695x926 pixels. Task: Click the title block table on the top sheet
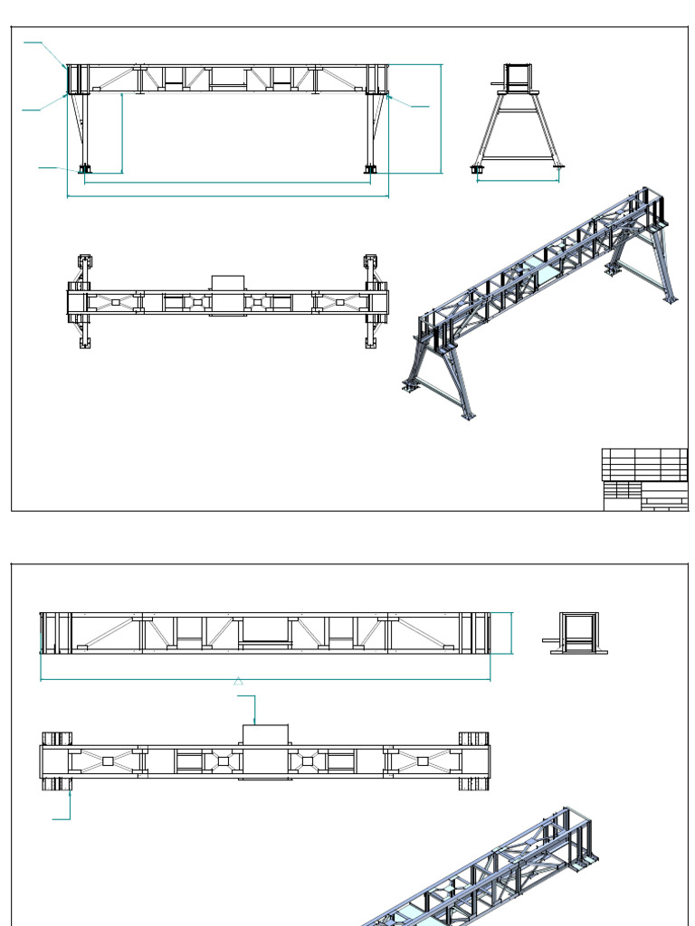point(644,479)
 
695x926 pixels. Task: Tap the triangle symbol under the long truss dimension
point(239,681)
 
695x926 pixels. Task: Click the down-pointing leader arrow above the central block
point(255,720)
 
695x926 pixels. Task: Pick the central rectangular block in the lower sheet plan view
point(264,751)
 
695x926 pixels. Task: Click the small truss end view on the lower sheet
point(576,632)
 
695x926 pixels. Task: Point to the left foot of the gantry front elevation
point(85,168)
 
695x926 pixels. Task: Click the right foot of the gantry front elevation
point(370,168)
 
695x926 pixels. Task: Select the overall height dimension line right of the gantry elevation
point(442,118)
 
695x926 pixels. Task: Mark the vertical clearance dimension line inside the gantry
point(122,132)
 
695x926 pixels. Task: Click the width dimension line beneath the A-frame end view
point(519,181)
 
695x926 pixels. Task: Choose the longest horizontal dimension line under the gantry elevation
point(227,195)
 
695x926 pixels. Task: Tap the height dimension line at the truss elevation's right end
point(512,632)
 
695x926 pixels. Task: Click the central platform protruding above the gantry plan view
point(227,282)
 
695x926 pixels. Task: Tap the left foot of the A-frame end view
point(477,168)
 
